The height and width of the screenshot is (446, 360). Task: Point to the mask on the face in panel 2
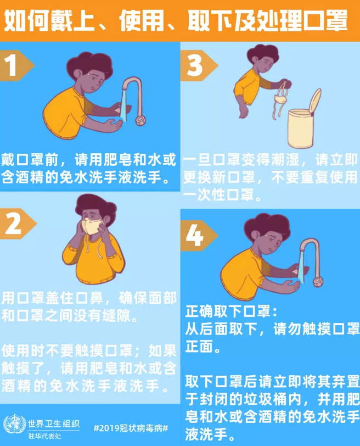[x=91, y=226]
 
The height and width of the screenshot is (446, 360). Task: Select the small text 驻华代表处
[x=44, y=434]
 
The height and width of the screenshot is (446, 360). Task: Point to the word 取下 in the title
[x=205, y=20]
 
